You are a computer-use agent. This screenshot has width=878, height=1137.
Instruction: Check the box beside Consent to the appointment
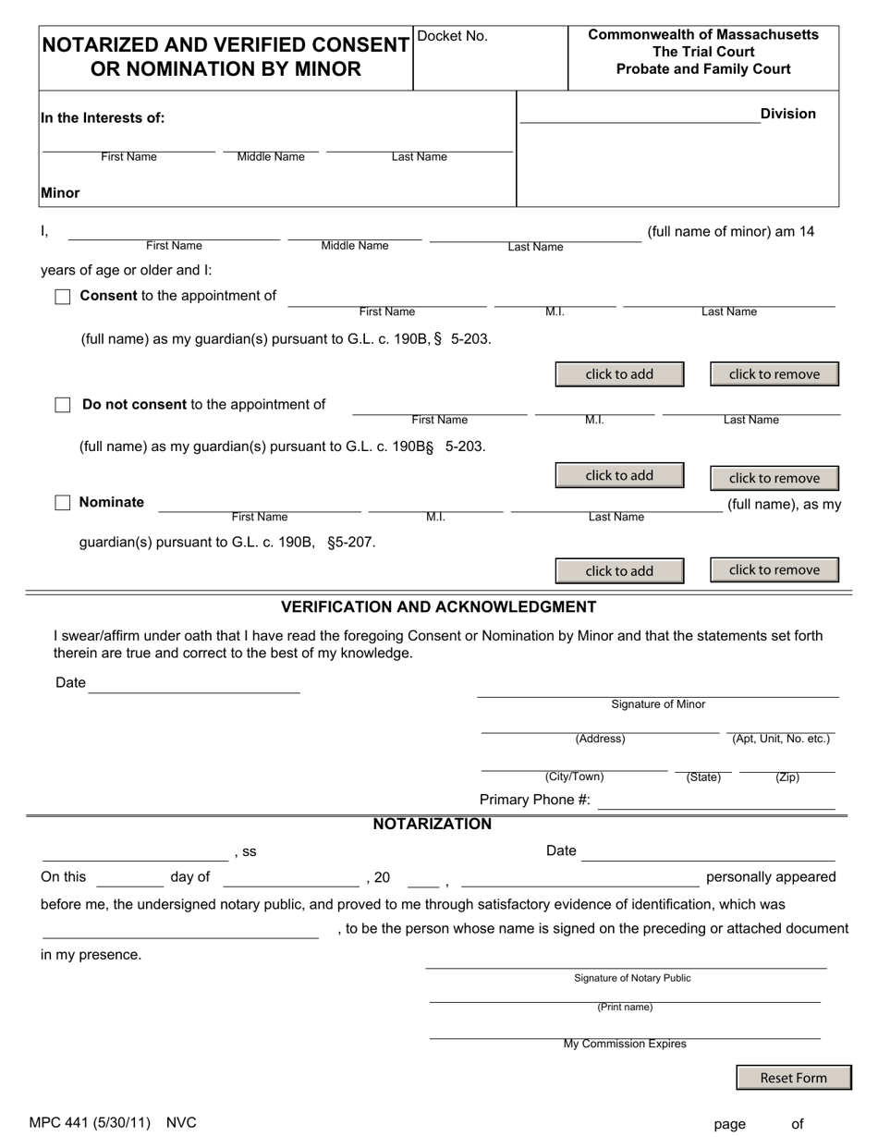click(63, 297)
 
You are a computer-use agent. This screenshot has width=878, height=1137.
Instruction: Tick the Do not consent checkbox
click(63, 405)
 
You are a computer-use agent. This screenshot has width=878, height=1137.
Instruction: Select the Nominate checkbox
click(63, 503)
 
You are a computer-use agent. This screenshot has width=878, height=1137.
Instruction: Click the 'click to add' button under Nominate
click(619, 571)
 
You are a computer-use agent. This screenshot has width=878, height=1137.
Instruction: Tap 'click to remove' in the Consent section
click(774, 374)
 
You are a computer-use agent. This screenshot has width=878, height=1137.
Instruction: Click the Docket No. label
click(453, 37)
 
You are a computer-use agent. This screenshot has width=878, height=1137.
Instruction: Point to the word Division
click(787, 114)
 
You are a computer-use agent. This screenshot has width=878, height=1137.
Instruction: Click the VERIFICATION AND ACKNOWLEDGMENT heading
click(438, 607)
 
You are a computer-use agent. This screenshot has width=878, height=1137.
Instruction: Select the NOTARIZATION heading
click(432, 824)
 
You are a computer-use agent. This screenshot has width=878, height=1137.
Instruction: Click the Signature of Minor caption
click(657, 704)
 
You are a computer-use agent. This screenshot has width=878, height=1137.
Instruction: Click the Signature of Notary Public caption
click(631, 978)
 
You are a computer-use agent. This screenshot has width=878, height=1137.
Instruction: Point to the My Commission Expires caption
click(625, 1044)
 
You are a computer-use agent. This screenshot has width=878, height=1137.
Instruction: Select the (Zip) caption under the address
click(787, 777)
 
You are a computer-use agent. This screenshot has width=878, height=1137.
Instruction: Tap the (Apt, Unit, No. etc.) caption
click(781, 739)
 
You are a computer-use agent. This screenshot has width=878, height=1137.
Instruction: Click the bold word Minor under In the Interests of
click(60, 193)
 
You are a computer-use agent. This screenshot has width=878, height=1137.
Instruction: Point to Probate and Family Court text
click(703, 69)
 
